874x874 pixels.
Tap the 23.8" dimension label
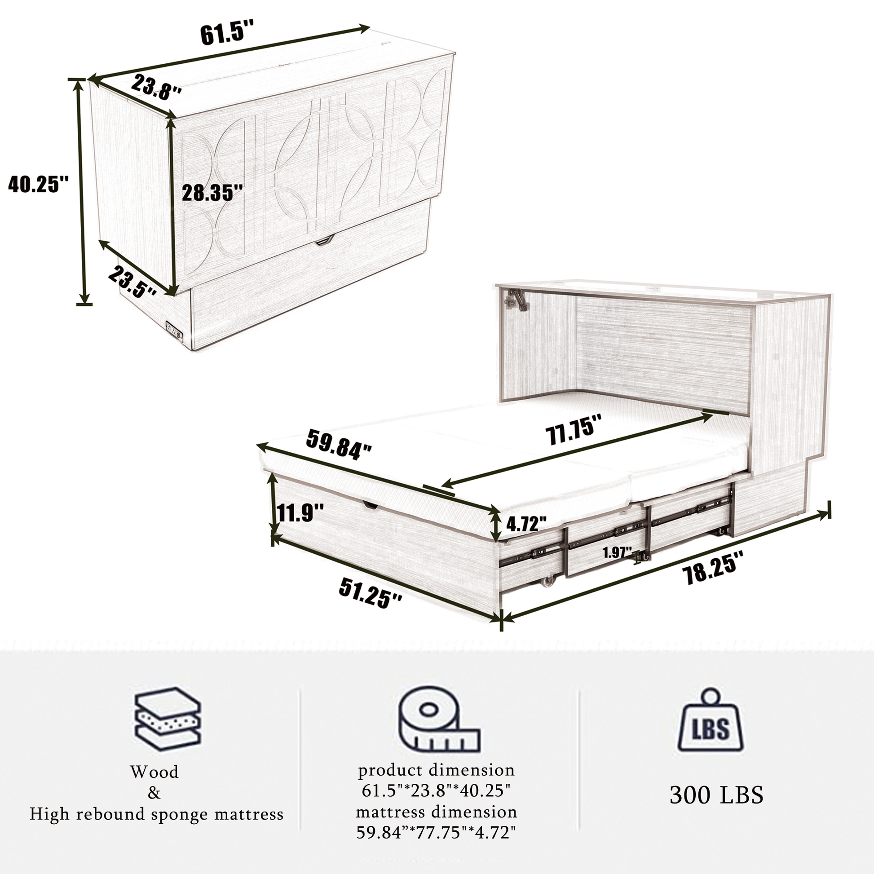157,87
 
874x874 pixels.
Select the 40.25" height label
39,184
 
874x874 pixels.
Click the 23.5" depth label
133,282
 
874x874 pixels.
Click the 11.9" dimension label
300,513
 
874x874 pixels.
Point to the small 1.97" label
618,552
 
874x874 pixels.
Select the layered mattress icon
168,720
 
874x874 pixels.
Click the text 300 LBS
716,795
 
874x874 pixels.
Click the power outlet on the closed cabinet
174,329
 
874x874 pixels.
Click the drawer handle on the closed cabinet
324,241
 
